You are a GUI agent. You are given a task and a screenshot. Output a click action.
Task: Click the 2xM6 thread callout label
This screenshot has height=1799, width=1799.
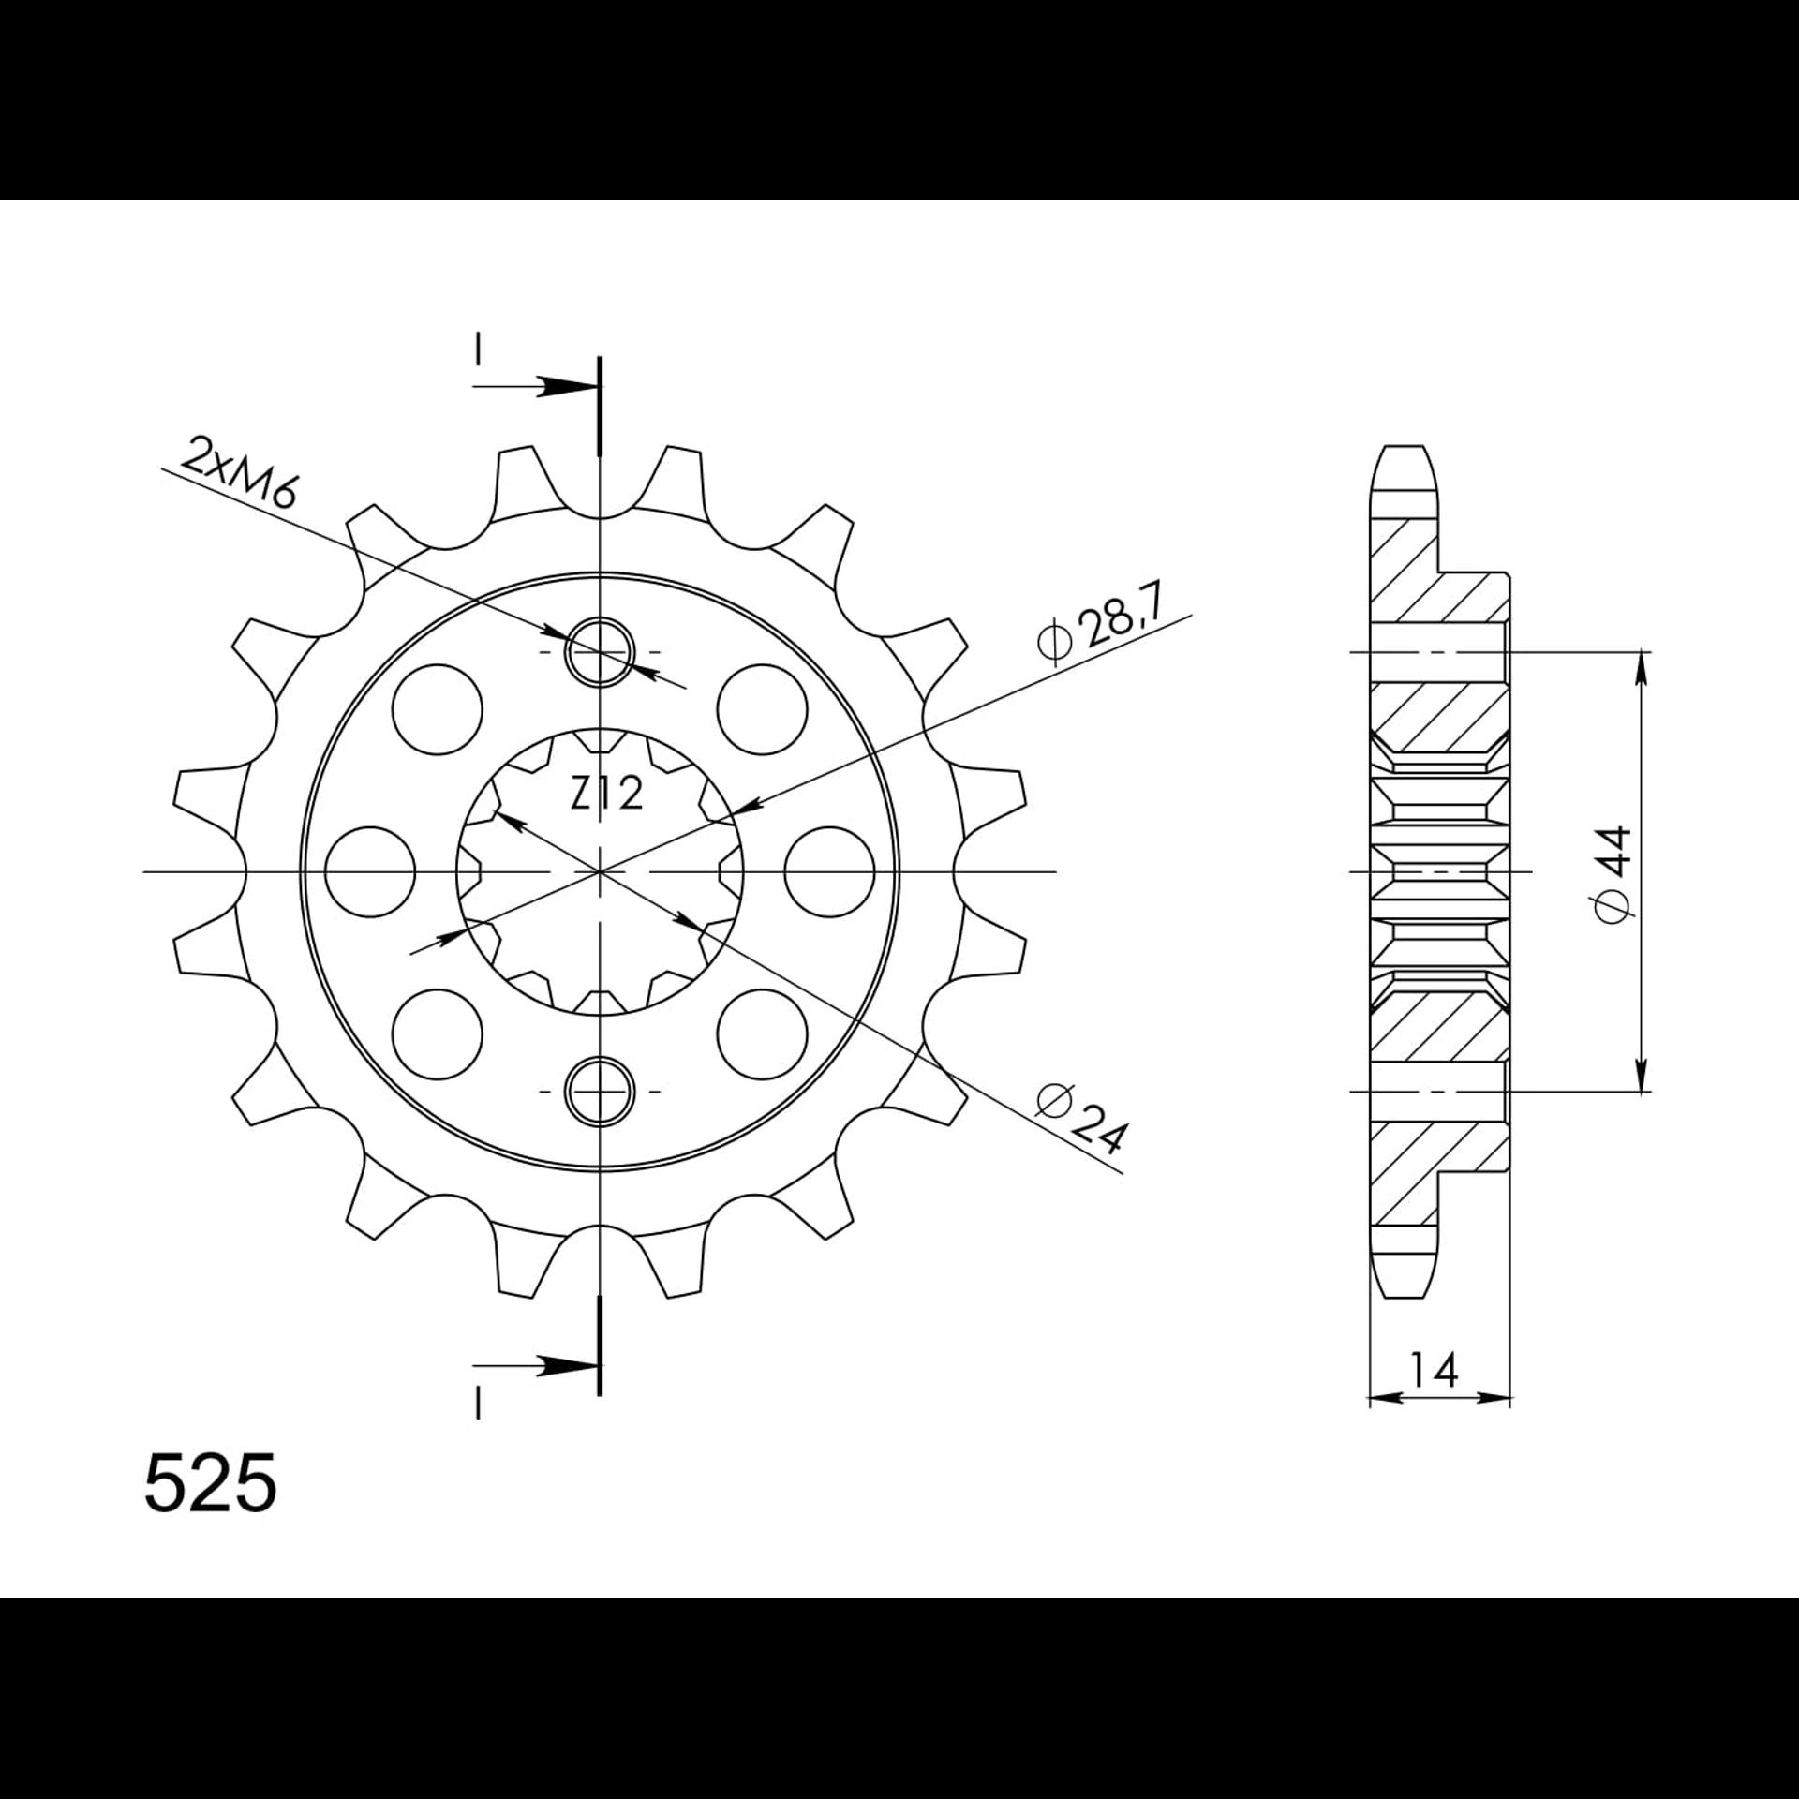pyautogui.click(x=238, y=474)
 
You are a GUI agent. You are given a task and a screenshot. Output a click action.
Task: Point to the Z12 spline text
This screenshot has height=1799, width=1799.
pyautogui.click(x=607, y=795)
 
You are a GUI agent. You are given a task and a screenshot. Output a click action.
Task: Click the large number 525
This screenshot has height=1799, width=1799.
pyautogui.click(x=211, y=1482)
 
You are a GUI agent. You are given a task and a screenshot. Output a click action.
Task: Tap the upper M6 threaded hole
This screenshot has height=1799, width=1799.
pyautogui.click(x=600, y=651)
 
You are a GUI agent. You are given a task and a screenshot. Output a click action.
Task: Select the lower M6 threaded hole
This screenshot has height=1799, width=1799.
pyautogui.click(x=600, y=1092)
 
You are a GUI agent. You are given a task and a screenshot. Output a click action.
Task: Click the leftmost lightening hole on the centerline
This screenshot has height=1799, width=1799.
pyautogui.click(x=372, y=871)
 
